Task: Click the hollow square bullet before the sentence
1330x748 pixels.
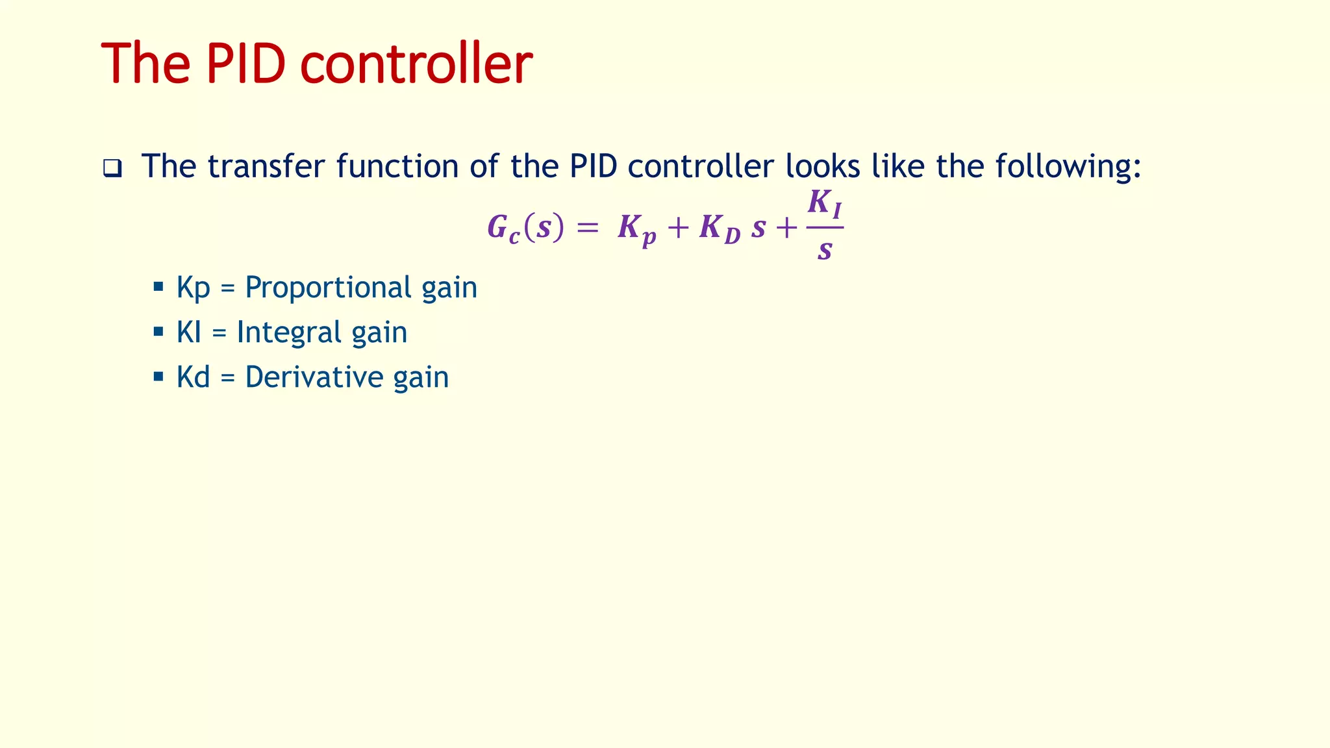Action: [112, 169]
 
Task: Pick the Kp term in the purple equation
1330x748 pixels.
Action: [636, 230]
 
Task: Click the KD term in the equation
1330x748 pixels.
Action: [720, 230]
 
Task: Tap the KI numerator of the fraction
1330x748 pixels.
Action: [825, 204]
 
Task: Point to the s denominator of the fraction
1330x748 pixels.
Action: [825, 250]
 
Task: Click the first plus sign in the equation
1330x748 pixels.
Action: [677, 228]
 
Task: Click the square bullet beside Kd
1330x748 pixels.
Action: [158, 376]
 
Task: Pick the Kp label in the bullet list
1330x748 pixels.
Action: [193, 288]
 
